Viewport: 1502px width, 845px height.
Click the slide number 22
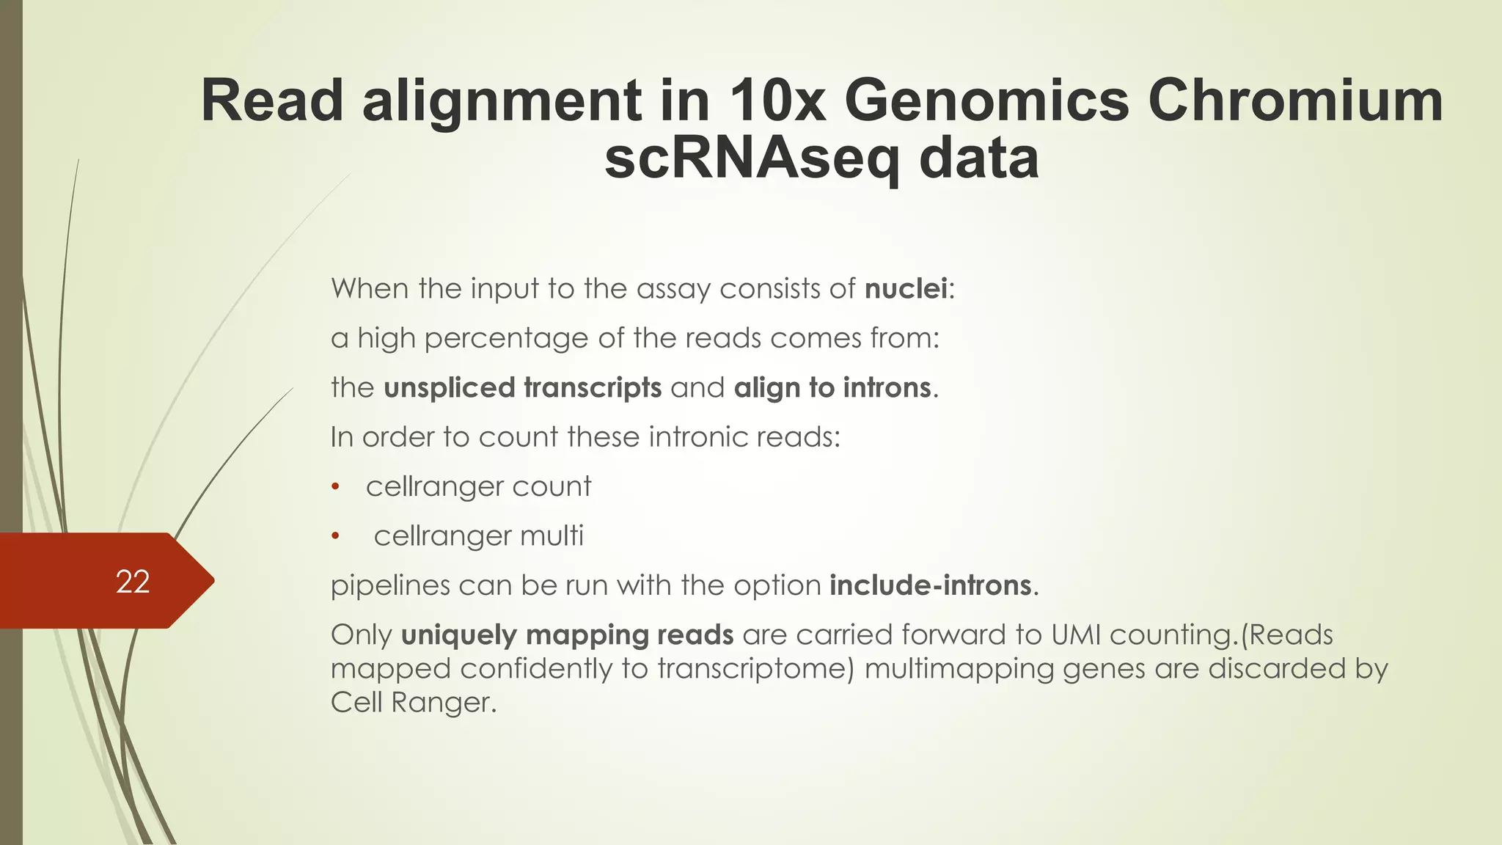[133, 582]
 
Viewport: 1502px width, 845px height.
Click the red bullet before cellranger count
[336, 487]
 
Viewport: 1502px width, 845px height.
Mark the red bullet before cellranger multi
[336, 537]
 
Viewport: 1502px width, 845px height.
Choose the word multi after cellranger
[552, 536]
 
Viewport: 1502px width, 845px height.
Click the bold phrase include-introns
[931, 585]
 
